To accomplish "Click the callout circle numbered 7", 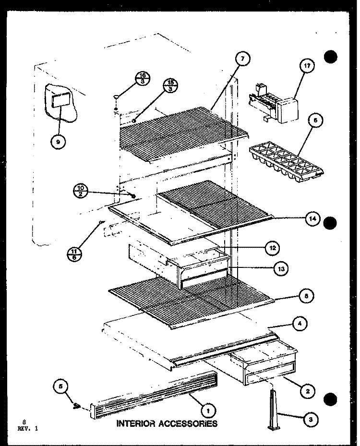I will click(243, 59).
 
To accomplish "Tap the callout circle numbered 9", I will click(58, 142).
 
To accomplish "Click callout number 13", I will click(280, 269).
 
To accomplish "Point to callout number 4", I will click(299, 324).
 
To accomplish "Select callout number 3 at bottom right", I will click(311, 419).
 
